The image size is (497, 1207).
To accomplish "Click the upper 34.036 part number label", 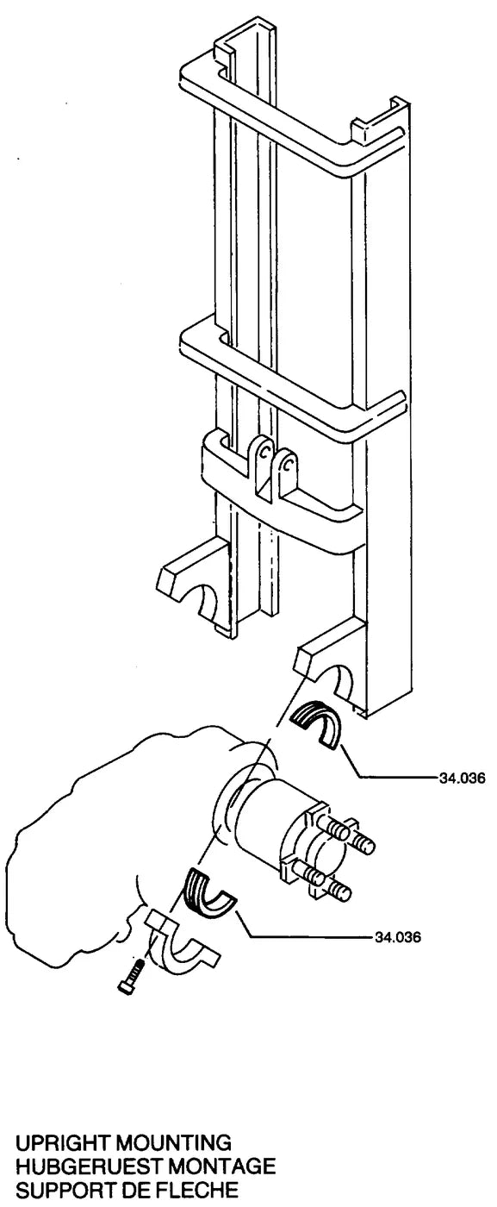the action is click(463, 778).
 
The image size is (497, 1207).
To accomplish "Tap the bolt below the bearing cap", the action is click(132, 976).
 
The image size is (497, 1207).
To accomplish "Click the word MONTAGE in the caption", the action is click(221, 1166).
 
